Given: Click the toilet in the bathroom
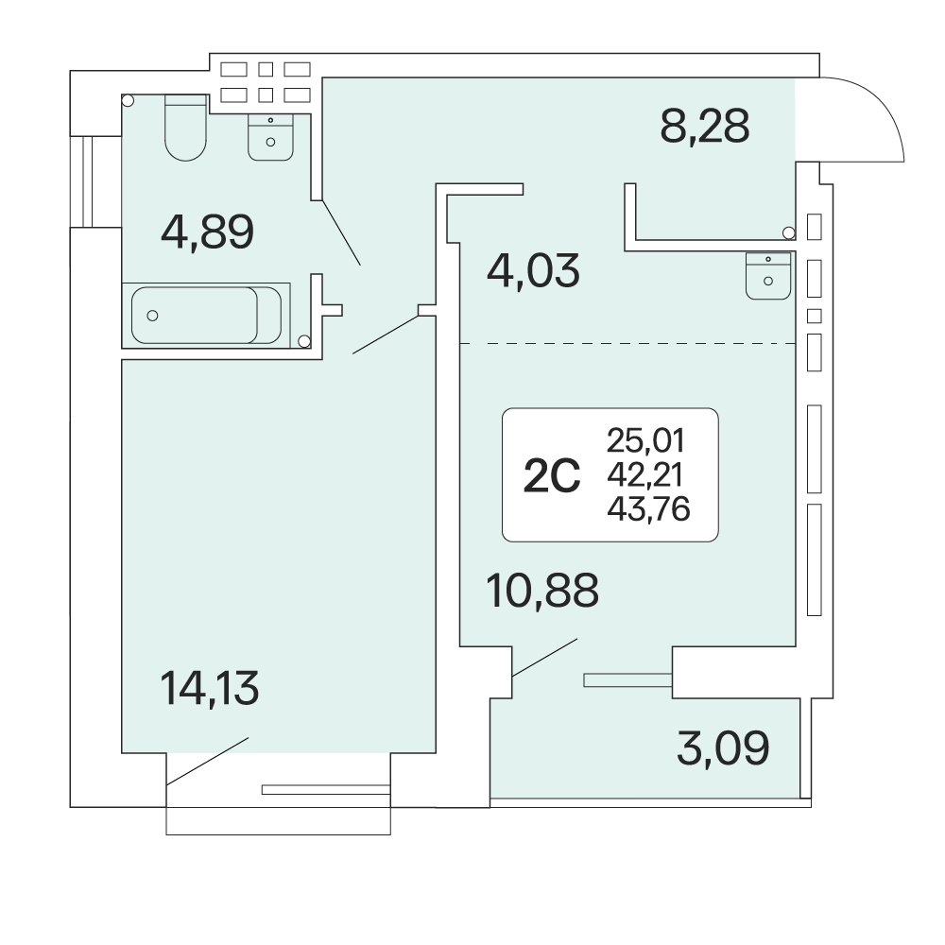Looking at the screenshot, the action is point(185,128).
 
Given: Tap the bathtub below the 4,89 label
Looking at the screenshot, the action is point(206,316).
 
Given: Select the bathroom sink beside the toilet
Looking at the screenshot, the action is point(270,137).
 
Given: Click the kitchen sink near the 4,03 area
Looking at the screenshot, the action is point(767,276).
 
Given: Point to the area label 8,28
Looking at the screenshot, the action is point(705,126).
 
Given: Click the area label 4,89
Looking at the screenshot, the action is point(207,232).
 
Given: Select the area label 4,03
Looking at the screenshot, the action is point(533,270).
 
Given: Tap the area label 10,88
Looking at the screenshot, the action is point(542,590).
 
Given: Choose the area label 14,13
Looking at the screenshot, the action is point(210,688).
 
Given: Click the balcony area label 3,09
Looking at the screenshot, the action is point(723,747).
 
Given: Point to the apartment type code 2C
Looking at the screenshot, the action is point(552,475).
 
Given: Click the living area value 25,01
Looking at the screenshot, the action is point(646,440).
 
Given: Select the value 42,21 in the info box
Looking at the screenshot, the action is point(645,475).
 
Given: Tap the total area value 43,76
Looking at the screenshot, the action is point(648,509).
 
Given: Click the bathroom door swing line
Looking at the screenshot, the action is point(342,232).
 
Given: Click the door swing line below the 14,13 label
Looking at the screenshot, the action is point(207,761).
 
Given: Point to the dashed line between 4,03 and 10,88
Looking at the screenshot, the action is point(627,344).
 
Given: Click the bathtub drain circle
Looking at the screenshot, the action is point(152,316).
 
